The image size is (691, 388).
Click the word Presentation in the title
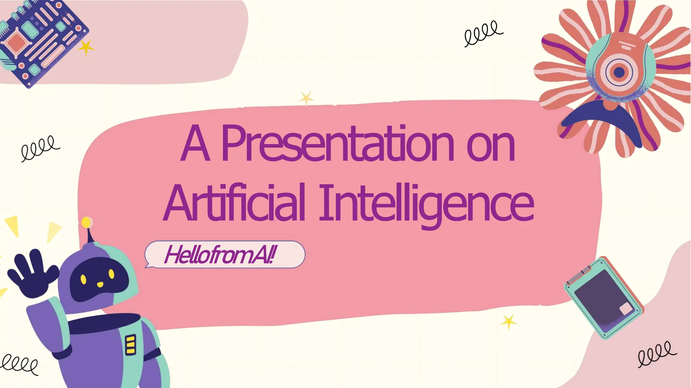[x=337, y=144]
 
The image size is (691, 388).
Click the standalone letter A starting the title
[x=195, y=144]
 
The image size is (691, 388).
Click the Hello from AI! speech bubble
[x=225, y=255]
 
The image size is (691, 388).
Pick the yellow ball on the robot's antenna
[x=87, y=222]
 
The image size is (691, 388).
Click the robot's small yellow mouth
[x=100, y=285]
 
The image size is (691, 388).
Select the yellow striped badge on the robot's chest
[x=130, y=345]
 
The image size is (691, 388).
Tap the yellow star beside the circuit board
[x=86, y=47]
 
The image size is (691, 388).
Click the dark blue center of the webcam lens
[x=619, y=72]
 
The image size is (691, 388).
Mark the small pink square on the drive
[x=626, y=309]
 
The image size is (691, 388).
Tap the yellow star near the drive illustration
[x=508, y=322]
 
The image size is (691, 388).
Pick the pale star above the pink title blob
[x=306, y=98]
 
